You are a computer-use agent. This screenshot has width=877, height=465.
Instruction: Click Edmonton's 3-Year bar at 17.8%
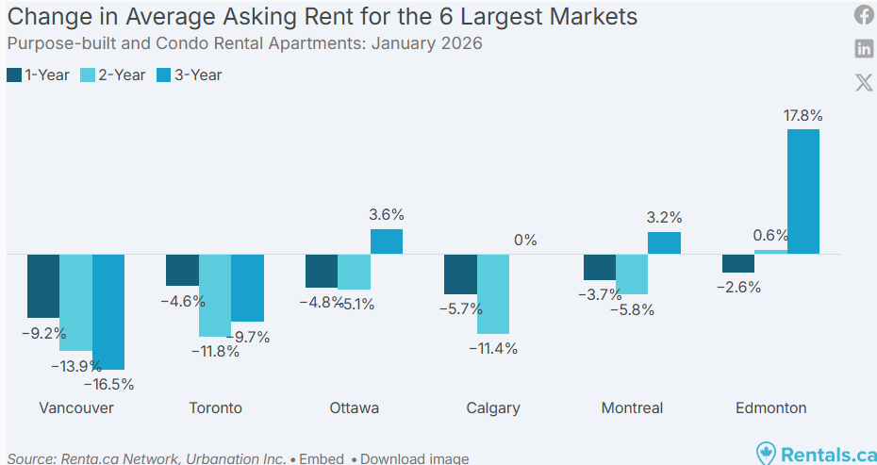click(x=803, y=191)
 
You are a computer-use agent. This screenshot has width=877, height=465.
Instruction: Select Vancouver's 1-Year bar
click(x=42, y=286)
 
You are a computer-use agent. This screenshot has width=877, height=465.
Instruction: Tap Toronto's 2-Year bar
click(x=215, y=295)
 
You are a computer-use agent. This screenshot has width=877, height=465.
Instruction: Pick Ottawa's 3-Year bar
click(x=387, y=241)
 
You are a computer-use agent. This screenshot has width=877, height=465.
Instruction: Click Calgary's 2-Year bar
click(x=493, y=293)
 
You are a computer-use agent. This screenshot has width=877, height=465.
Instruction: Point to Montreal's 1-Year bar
click(x=600, y=267)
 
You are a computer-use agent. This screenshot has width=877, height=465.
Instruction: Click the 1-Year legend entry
click(x=38, y=75)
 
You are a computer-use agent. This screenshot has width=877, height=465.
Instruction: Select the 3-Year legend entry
click(x=190, y=75)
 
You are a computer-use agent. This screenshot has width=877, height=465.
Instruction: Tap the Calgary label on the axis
click(x=493, y=408)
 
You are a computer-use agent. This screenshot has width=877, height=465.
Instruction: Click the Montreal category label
click(x=632, y=408)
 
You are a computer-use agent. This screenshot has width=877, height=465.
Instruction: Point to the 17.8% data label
click(x=803, y=116)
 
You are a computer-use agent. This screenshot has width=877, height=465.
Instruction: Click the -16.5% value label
click(x=108, y=384)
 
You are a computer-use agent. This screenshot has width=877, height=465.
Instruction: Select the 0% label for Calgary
click(x=525, y=241)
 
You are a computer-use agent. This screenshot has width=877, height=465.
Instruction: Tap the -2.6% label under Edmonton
click(x=738, y=288)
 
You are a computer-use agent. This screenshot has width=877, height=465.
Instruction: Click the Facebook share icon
click(x=864, y=14)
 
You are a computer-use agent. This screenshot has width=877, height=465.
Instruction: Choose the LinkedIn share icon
click(x=864, y=48)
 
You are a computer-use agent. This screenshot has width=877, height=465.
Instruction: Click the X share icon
click(x=864, y=82)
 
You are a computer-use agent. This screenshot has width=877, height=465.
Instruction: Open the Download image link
click(x=414, y=458)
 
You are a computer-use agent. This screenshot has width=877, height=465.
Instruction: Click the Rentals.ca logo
click(x=817, y=454)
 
